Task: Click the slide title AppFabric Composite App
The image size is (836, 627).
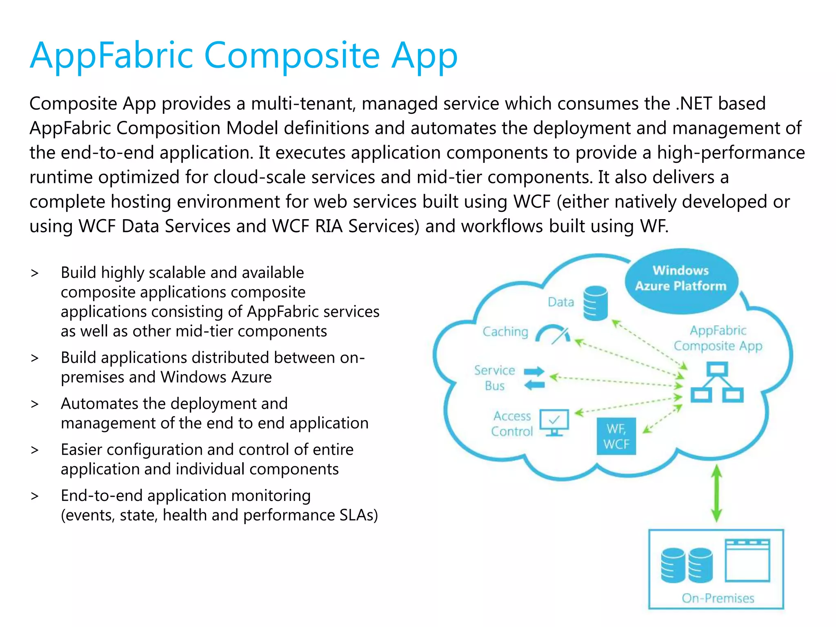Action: (244, 56)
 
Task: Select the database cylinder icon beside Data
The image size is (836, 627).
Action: (595, 302)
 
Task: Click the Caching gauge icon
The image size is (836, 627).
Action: (553, 334)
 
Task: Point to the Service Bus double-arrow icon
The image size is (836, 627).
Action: (534, 378)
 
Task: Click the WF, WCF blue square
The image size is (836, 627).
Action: (616, 436)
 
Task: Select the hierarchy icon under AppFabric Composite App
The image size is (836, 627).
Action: (717, 382)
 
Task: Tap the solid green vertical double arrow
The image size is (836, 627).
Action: (716, 494)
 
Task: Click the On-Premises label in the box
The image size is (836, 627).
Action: (718, 598)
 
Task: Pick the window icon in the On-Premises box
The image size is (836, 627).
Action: (747, 560)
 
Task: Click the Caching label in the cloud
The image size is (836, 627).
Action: (505, 331)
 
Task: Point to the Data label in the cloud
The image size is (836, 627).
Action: (561, 302)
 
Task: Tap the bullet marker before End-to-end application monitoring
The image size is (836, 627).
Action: (35, 496)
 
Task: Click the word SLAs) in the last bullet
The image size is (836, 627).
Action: (359, 515)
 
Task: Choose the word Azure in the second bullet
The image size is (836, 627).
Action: (249, 377)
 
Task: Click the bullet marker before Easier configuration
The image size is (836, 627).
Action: (35, 450)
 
